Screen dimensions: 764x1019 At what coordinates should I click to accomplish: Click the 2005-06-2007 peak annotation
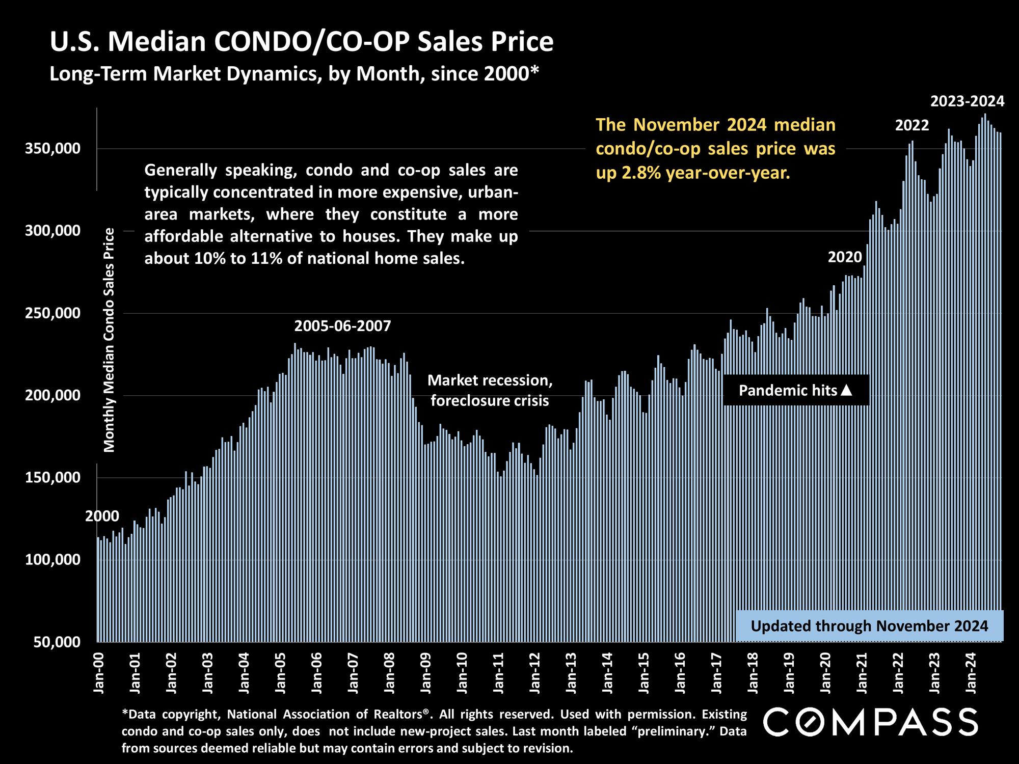(342, 326)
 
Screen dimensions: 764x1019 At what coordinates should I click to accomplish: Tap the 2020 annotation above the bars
(844, 257)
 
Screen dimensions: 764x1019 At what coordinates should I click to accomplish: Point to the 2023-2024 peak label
(967, 101)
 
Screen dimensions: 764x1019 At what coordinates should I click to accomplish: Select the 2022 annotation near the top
(912, 125)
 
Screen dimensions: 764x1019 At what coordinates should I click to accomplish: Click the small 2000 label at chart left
(102, 516)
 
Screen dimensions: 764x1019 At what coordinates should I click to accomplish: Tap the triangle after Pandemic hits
(846, 391)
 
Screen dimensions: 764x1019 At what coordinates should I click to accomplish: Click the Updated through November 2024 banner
(869, 626)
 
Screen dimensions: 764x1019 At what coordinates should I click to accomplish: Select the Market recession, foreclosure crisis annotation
(490, 391)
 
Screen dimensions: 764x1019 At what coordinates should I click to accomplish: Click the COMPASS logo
(871, 721)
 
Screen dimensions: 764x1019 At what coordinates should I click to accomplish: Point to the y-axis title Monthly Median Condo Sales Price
(110, 340)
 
